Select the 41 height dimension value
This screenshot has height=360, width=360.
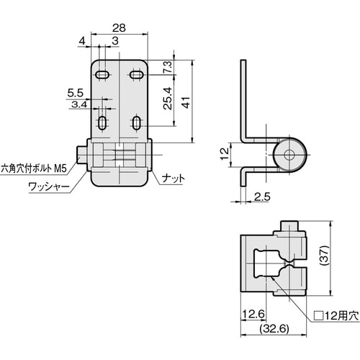186,103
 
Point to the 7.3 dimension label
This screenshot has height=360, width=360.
166,68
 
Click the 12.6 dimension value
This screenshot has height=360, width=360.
251,312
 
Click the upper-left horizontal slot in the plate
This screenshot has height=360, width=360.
103,73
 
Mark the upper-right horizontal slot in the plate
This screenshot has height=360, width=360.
135,73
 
